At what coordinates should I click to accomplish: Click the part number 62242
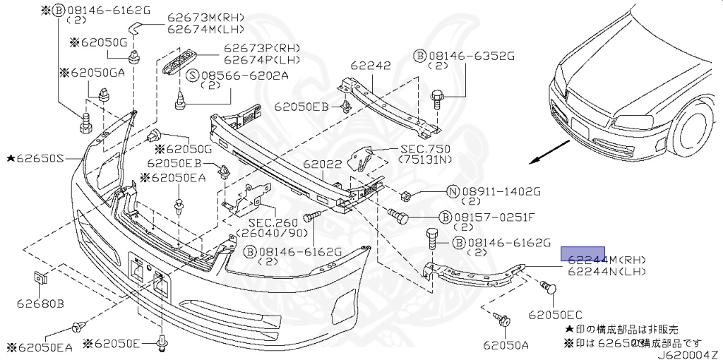point(371,66)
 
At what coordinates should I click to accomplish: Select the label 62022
point(323,164)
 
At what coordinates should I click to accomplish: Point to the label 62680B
point(40,304)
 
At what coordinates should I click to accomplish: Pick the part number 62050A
point(506,345)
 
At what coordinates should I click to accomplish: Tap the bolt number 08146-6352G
point(471,54)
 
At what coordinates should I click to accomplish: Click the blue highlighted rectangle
point(582,254)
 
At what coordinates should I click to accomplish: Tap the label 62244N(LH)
point(607,271)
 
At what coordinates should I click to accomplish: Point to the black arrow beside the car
point(552,151)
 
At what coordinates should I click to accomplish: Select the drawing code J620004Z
point(688,354)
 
